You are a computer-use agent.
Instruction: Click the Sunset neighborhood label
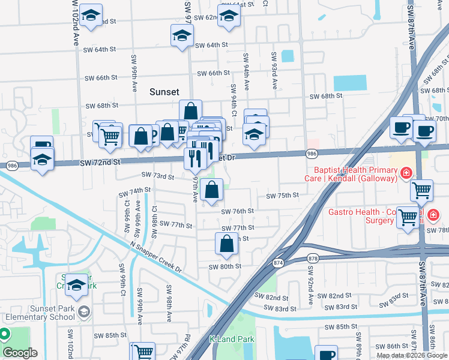click(x=164, y=92)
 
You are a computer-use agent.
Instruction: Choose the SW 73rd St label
click(x=157, y=176)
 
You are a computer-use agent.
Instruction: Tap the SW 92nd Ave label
click(x=310, y=289)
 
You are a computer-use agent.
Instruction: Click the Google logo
click(x=20, y=353)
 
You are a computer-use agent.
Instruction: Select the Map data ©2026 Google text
click(x=411, y=355)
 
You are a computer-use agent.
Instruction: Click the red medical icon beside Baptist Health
click(x=406, y=174)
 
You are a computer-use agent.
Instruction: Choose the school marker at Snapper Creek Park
click(x=76, y=286)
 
